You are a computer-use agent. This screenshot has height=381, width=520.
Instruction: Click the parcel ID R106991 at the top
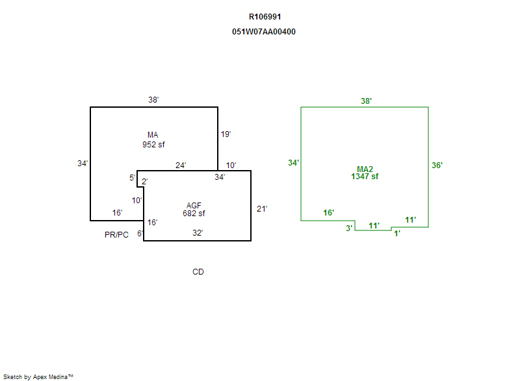pyautogui.click(x=265, y=17)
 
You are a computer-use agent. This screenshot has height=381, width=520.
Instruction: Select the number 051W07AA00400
pyautogui.click(x=264, y=32)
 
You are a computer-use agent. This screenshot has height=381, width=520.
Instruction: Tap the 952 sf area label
pyautogui.click(x=153, y=145)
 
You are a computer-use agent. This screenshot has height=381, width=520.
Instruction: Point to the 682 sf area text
pyautogui.click(x=194, y=214)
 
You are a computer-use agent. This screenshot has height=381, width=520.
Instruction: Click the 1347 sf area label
pyautogui.click(x=365, y=177)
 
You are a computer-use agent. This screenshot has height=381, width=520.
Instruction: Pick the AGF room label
pyautogui.click(x=194, y=206)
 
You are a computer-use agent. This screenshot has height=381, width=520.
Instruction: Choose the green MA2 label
pyautogui.click(x=365, y=169)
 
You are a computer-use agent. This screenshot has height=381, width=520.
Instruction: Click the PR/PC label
pyautogui.click(x=117, y=235)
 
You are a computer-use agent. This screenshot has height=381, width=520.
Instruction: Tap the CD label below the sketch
pyautogui.click(x=198, y=272)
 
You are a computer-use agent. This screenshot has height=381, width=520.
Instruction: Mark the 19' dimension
pyautogui.click(x=226, y=134)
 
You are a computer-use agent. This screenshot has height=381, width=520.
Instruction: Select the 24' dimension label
pyautogui.click(x=181, y=166)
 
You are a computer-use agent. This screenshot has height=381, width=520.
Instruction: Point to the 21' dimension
pyautogui.click(x=262, y=209)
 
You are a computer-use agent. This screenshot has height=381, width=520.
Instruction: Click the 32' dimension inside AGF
pyautogui.click(x=197, y=232)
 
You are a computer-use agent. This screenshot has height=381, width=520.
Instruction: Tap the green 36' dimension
pyautogui.click(x=437, y=166)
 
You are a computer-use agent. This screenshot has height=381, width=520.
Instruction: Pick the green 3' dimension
pyautogui.click(x=348, y=228)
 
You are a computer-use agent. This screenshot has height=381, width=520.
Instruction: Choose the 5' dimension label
pyautogui.click(x=132, y=178)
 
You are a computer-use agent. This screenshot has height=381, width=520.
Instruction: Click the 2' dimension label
pyautogui.click(x=144, y=181)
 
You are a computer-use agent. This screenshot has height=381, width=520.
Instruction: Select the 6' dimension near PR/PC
pyautogui.click(x=140, y=234)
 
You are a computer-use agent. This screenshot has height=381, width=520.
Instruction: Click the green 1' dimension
pyautogui.click(x=397, y=234)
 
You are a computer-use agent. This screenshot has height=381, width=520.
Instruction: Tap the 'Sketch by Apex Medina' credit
pyautogui.click(x=38, y=376)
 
